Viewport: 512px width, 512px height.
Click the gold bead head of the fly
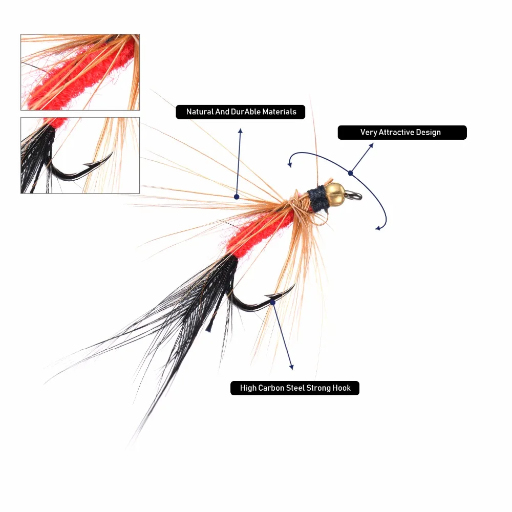335,194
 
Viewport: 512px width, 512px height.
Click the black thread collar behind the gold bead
317,199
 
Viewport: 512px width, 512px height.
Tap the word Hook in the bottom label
342,388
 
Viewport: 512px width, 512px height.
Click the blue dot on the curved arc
350,173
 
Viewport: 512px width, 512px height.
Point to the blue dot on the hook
273,303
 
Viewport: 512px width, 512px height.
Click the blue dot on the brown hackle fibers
237,197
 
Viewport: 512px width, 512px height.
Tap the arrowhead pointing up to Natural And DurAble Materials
240,131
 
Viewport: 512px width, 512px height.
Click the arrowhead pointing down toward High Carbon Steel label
292,367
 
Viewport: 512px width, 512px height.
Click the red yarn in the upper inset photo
81,78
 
